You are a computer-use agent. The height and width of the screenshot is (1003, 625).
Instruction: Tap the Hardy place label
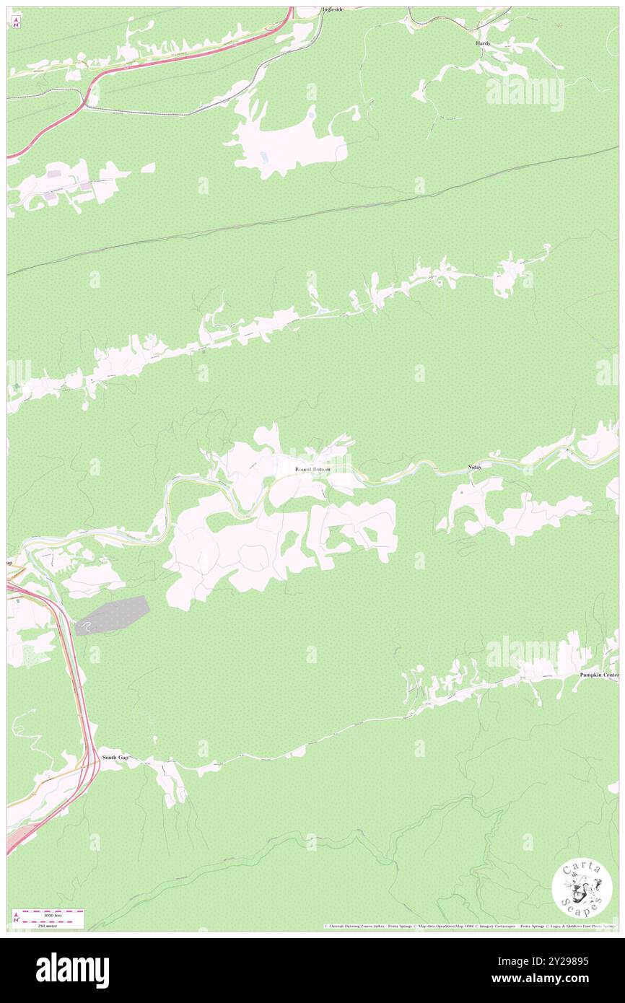tap(483, 43)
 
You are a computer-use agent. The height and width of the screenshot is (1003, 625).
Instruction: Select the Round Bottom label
tap(312, 470)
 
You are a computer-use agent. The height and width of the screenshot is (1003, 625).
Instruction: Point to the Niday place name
tap(474, 468)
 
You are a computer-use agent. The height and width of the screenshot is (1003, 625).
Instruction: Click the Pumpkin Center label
tap(599, 675)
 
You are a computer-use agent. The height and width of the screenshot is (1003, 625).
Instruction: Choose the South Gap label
tap(115, 757)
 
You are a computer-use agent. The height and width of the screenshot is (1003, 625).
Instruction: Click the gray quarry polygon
tap(115, 614)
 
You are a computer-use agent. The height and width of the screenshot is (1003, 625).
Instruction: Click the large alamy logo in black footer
tap(72, 971)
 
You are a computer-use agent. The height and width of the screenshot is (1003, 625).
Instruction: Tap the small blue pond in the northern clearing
tap(311, 113)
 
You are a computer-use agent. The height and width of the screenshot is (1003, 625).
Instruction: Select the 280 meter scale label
tap(51, 924)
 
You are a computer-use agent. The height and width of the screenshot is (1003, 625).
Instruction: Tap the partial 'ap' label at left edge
tap(10, 562)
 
